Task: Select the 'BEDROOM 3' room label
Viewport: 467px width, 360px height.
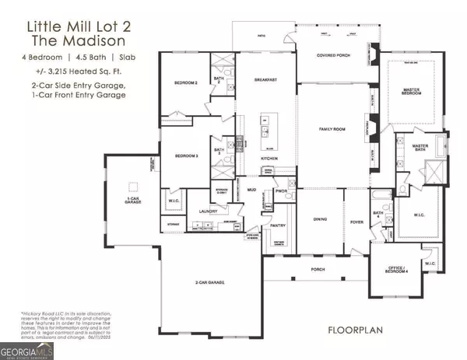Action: pos(183,156)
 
